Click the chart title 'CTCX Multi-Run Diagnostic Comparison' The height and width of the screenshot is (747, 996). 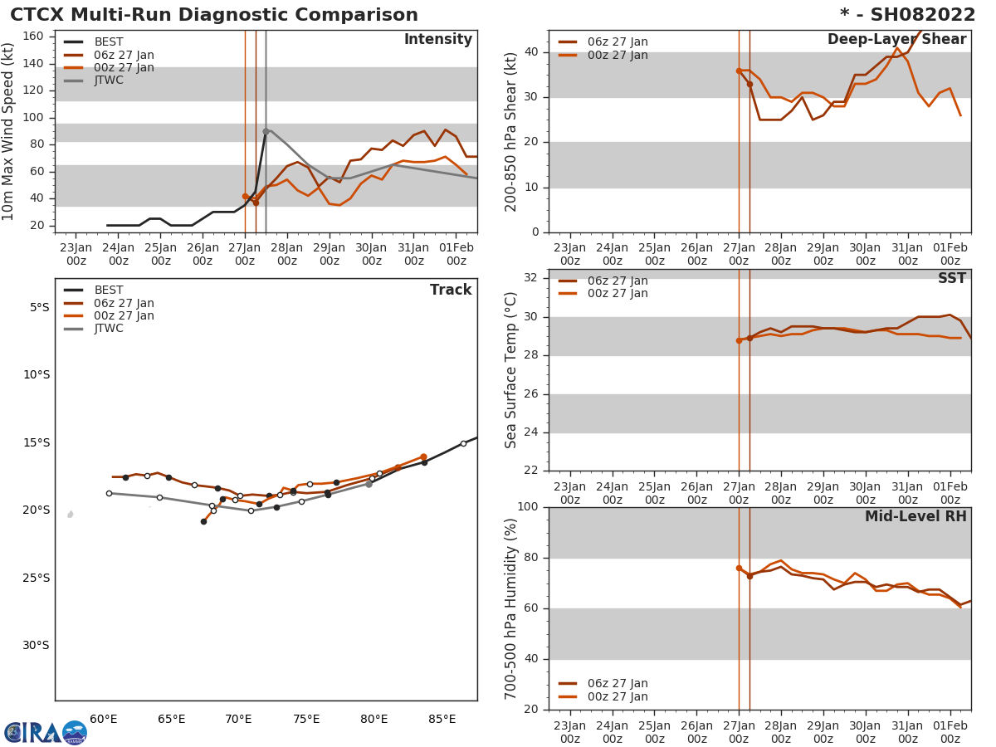click(214, 15)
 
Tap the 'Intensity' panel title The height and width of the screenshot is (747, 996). click(437, 40)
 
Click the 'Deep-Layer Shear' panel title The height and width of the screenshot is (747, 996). click(896, 40)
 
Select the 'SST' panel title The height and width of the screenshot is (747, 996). click(951, 279)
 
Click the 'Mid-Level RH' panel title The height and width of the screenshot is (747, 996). click(915, 517)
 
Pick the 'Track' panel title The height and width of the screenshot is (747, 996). click(451, 290)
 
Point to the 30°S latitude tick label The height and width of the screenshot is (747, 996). click(35, 646)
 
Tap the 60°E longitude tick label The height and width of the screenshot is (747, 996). click(103, 719)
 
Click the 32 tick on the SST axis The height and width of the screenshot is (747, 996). click(531, 278)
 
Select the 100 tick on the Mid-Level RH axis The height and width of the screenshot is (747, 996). click(528, 507)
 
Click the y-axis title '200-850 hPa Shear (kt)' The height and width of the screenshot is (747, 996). click(511, 131)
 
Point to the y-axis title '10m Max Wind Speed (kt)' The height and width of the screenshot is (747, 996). click(9, 131)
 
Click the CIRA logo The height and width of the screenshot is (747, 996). click(45, 733)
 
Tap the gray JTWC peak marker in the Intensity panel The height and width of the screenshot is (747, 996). click(266, 131)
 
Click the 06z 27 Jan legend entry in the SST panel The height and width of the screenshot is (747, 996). click(618, 281)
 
